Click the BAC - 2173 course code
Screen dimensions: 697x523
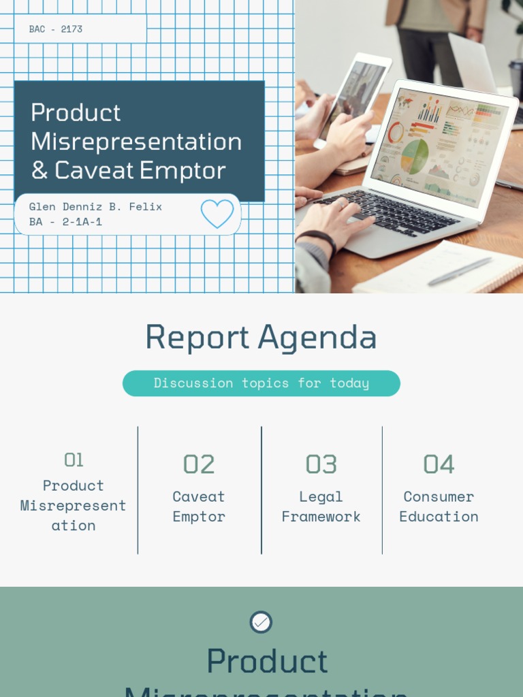[56, 29]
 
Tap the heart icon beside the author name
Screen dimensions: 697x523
[217, 214]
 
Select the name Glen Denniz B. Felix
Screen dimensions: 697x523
[95, 206]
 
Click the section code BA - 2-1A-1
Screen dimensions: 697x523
[65, 222]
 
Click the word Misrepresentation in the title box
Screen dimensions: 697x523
[136, 142]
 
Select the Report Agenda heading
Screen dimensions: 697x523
[261, 337]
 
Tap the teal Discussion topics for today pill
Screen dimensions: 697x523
[261, 383]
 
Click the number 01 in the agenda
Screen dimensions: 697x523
[74, 461]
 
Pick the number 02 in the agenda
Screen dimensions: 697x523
[199, 464]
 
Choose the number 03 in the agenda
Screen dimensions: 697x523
[321, 464]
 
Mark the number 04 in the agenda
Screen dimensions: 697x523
[439, 464]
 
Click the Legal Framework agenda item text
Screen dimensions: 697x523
[321, 506]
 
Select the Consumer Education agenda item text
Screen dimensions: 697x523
[439, 506]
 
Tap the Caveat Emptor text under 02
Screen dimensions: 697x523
[199, 506]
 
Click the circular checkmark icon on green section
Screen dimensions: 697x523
[261, 622]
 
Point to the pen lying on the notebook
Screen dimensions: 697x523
[460, 271]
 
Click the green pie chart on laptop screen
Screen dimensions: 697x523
[414, 156]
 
